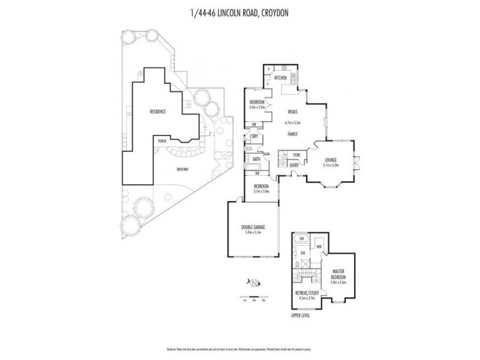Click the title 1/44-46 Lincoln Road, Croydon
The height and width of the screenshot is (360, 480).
(x=240, y=11)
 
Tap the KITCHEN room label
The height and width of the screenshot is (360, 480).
(x=280, y=79)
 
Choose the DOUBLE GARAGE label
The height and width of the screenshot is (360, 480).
(x=252, y=227)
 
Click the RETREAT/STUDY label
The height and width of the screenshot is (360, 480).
(x=307, y=293)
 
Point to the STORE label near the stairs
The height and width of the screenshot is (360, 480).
(x=296, y=155)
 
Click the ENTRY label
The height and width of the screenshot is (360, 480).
(x=294, y=166)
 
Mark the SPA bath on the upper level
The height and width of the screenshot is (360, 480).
(x=301, y=239)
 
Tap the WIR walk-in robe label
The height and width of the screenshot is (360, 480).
(x=320, y=247)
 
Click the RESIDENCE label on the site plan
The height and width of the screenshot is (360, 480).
(x=158, y=112)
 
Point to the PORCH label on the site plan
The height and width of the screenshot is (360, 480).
(x=161, y=141)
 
